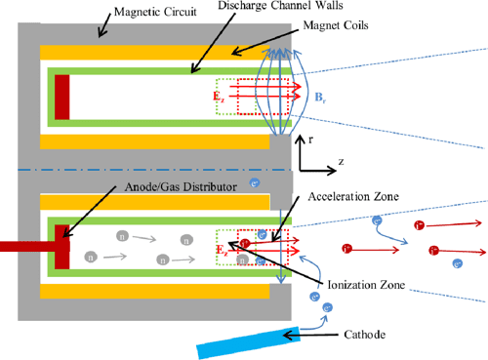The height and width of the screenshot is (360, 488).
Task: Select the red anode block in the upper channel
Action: [x=62, y=99]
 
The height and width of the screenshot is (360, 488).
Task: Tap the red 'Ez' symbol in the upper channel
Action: [x=220, y=98]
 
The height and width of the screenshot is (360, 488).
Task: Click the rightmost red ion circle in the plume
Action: [x=473, y=225]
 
